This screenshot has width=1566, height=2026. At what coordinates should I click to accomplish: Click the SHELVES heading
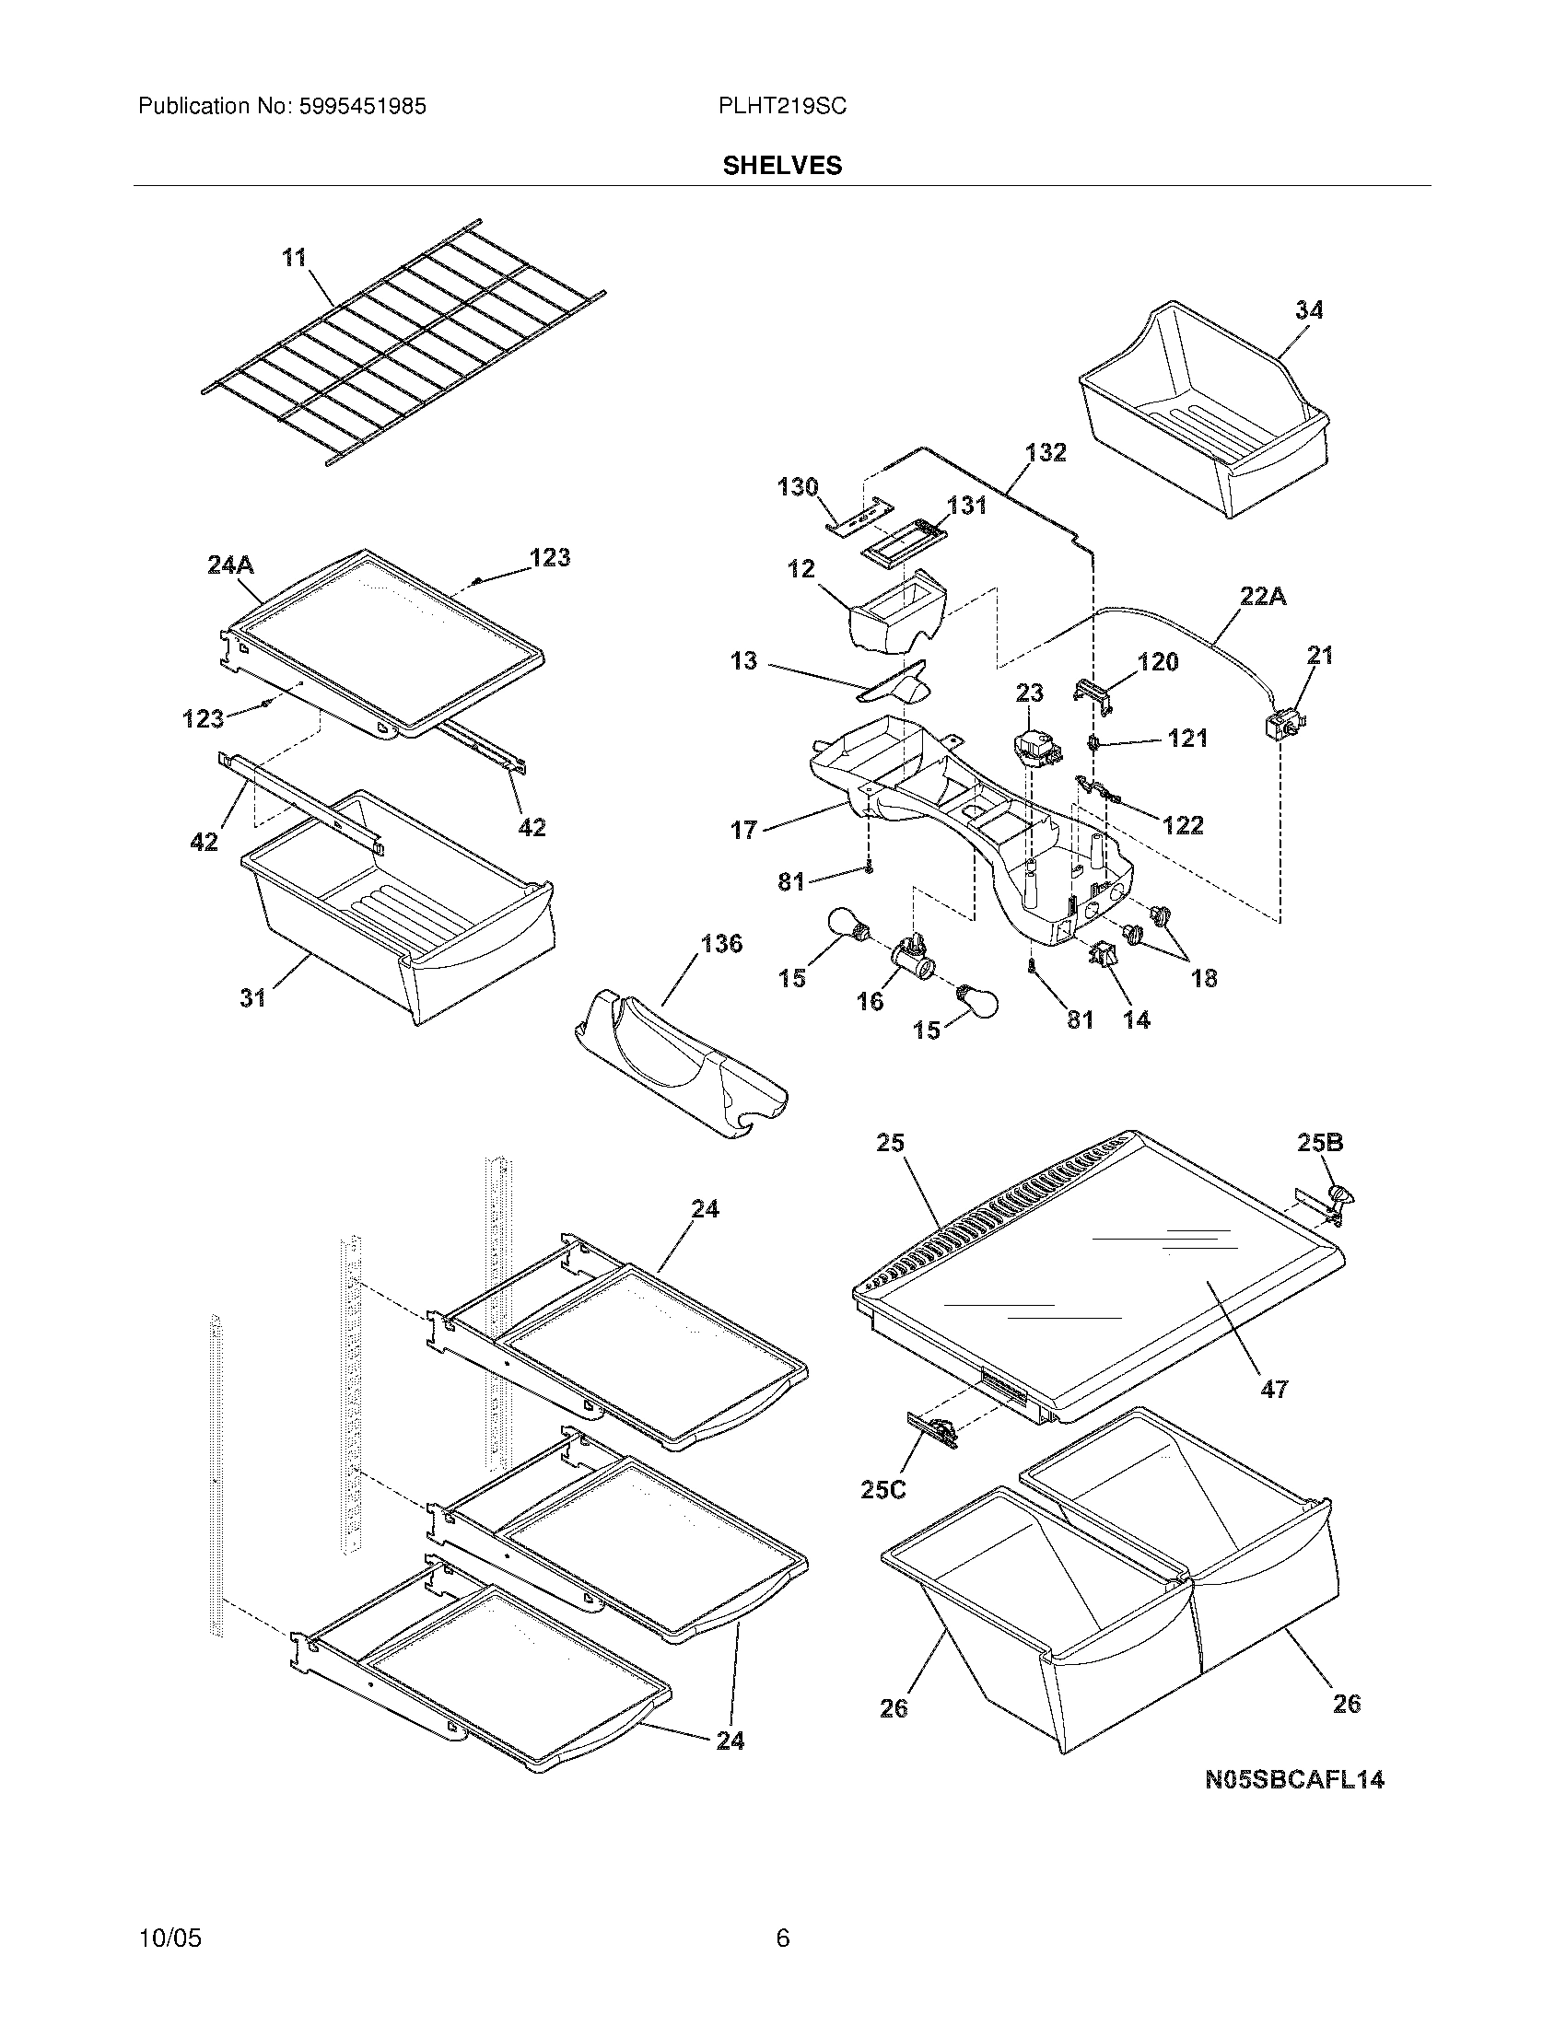782,165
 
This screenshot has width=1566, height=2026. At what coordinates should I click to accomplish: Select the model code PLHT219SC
782,107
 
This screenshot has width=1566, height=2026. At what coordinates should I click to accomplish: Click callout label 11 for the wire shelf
294,257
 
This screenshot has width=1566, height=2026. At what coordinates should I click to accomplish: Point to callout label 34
1308,309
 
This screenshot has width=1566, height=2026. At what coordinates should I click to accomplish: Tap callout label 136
721,944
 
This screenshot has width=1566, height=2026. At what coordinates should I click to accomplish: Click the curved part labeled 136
682,1057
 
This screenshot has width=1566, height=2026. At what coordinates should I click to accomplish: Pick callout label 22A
1263,597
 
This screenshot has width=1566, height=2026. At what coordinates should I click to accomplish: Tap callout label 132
1046,453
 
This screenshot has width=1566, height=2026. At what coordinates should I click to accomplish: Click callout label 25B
1319,1143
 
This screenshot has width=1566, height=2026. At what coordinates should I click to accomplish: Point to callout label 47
1274,1415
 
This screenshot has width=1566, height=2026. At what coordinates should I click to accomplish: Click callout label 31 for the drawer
252,997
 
